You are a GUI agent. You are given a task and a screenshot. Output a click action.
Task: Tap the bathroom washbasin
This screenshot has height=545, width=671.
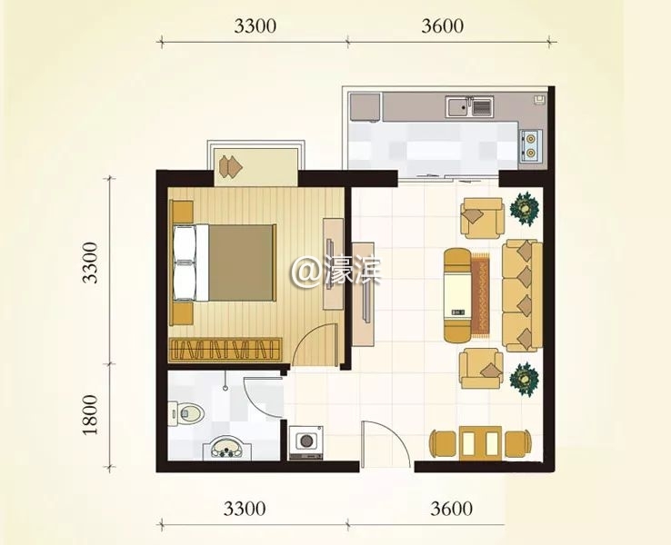coord(226,448)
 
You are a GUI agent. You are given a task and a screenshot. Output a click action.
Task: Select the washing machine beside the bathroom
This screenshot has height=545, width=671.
coord(305,443)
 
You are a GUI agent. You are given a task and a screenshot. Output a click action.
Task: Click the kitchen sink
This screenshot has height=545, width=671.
coord(469,106)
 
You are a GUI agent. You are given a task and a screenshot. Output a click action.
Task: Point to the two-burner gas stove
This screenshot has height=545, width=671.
coord(531,145)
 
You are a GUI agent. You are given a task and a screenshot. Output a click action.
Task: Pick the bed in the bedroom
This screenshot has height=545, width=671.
coord(224,263)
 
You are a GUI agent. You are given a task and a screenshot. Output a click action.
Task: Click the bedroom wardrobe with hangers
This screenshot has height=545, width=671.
coord(226,349)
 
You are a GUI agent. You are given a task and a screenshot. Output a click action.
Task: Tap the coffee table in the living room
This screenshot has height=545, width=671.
coord(458,295)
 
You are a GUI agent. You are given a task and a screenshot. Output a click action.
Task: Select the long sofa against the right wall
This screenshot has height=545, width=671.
coord(522,295)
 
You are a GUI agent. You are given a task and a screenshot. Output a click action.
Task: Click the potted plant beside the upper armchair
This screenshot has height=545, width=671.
coord(525,208)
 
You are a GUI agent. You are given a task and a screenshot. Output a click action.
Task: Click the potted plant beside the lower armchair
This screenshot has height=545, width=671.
coord(524,379)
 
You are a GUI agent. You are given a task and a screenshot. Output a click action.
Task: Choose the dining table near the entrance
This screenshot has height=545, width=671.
coord(480,443)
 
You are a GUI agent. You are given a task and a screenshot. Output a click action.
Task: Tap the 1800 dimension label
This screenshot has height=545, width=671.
coord(90,414)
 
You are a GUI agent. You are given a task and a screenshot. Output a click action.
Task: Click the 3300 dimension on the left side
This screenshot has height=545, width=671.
coord(90,263)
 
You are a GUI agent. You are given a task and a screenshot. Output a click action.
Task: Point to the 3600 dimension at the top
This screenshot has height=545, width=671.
coord(442,26)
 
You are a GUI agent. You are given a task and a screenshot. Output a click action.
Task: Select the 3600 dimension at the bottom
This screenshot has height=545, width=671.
coord(452,509)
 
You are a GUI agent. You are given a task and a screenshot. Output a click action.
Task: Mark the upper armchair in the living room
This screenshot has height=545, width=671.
coord(482,218)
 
